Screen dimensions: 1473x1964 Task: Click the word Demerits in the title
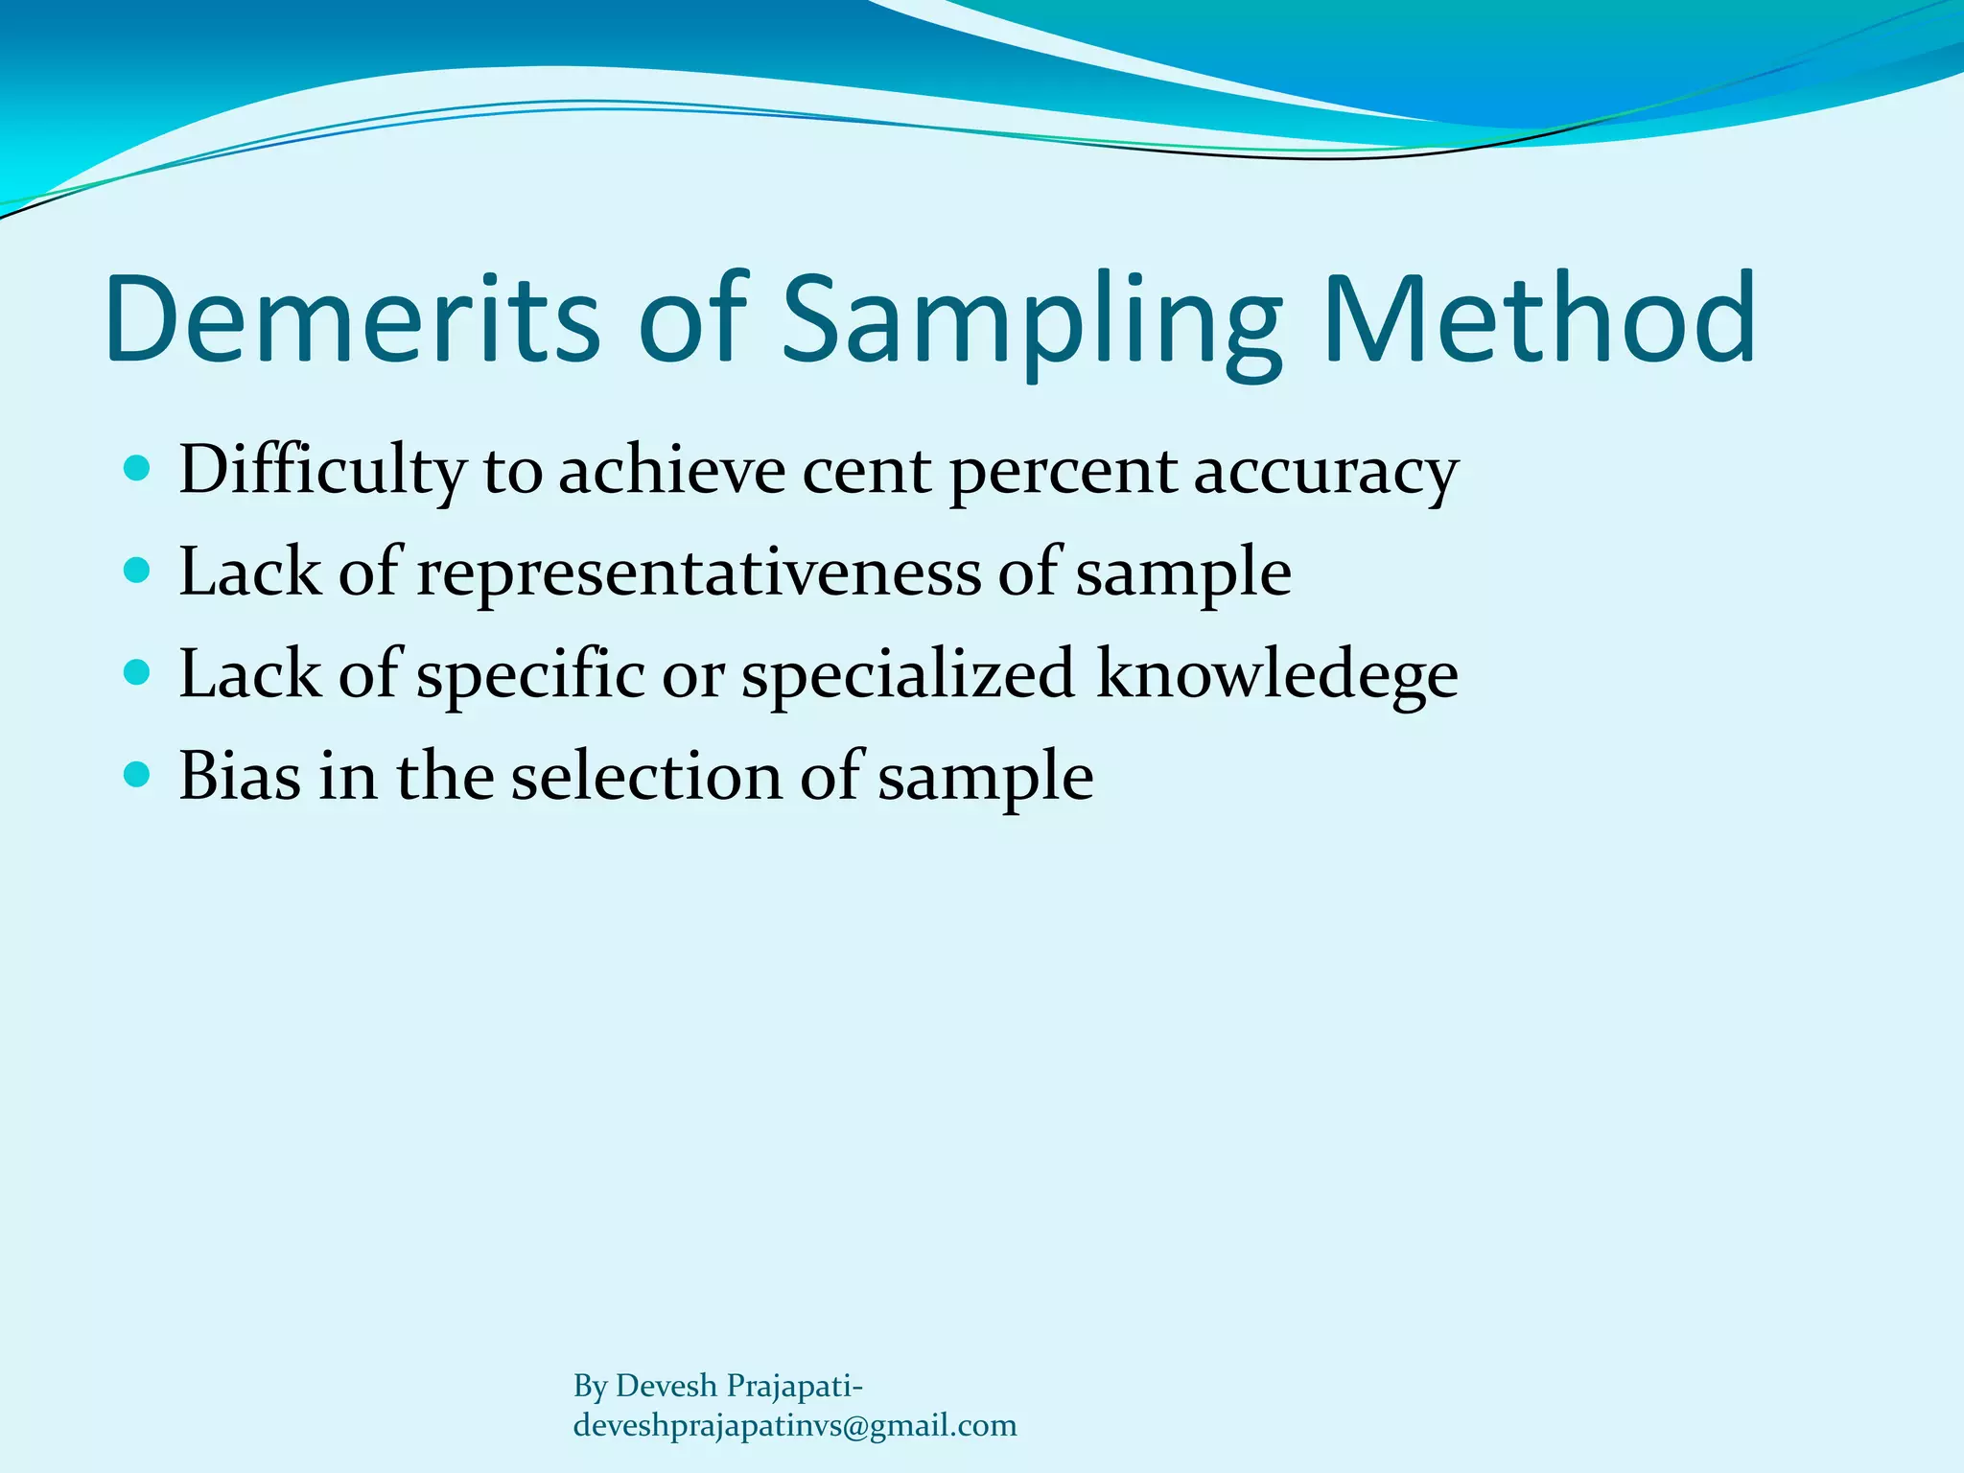[x=352, y=318]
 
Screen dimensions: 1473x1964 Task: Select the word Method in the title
[x=1540, y=318]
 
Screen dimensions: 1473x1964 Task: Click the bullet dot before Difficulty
[x=138, y=469]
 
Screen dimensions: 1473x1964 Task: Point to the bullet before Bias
[x=138, y=774]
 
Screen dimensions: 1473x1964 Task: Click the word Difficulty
[x=322, y=473]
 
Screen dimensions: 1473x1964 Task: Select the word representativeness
[x=699, y=573]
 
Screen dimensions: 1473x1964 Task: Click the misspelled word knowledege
[x=1276, y=675]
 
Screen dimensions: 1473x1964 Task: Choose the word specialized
[x=908, y=675]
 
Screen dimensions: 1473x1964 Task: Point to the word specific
[x=530, y=675]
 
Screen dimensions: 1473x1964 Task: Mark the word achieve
[x=671, y=472]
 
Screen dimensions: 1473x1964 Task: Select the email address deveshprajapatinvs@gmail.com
[x=794, y=1425]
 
